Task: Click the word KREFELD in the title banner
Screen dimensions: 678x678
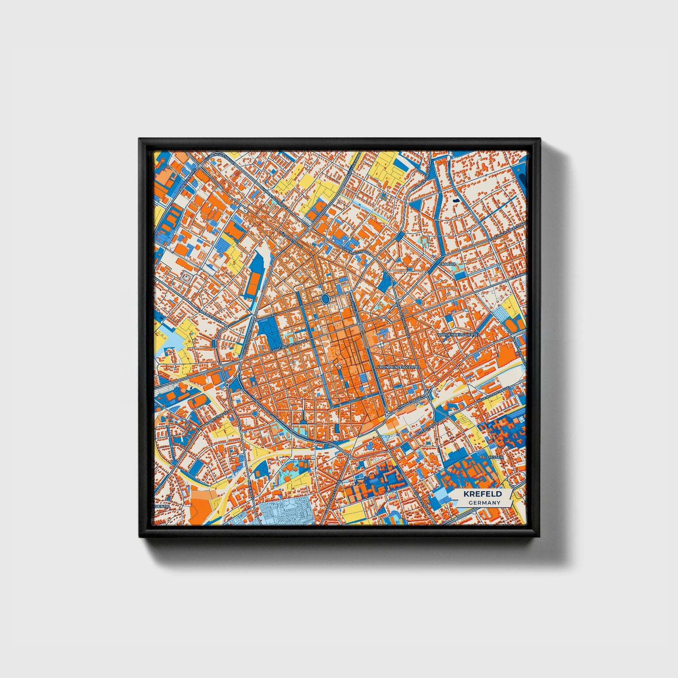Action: [482, 494]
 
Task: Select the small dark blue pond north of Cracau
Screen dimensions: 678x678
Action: [456, 201]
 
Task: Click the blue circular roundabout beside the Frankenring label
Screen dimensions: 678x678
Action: [254, 414]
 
